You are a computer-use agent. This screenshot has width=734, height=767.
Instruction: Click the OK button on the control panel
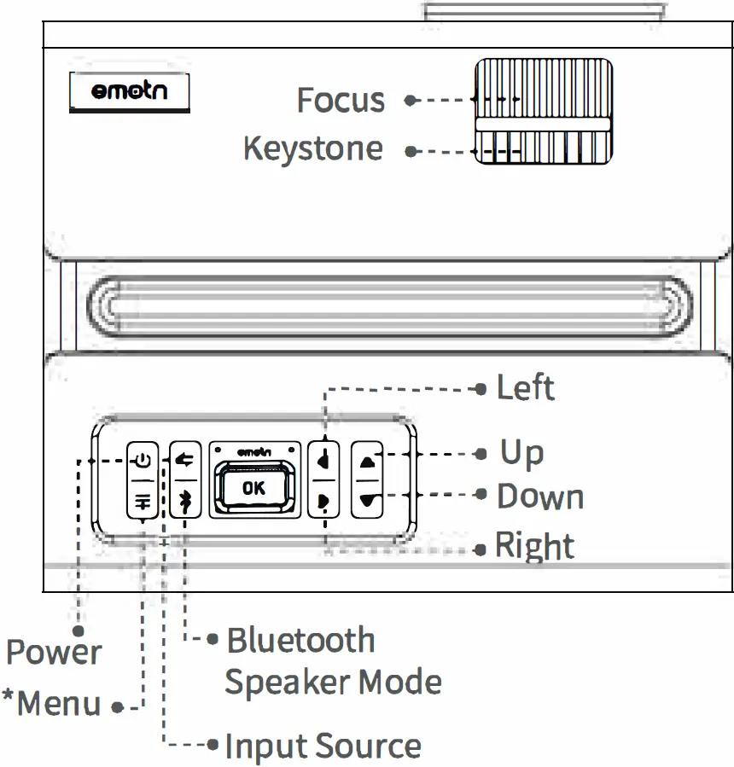click(x=253, y=487)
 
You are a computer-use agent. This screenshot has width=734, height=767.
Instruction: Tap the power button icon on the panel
click(x=142, y=462)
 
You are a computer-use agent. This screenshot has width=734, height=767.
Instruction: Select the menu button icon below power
click(x=142, y=503)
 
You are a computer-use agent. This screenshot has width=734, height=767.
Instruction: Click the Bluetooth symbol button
click(x=183, y=503)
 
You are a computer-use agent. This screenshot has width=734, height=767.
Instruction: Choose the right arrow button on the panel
click(x=323, y=502)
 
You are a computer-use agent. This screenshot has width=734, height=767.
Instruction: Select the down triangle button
click(x=368, y=502)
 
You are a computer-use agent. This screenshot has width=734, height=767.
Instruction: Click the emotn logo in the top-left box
click(x=130, y=92)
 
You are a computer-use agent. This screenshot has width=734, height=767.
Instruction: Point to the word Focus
click(x=341, y=101)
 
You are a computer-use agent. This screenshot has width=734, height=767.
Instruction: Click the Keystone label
click(x=313, y=149)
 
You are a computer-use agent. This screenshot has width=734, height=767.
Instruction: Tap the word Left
click(x=525, y=388)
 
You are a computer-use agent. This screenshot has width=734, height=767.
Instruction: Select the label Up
click(x=521, y=453)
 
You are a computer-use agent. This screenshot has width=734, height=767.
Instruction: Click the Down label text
click(x=540, y=497)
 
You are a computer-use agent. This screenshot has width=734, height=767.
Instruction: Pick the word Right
click(x=535, y=547)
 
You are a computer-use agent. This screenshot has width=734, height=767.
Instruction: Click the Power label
click(x=54, y=654)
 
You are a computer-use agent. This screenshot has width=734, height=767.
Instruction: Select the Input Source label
click(x=323, y=747)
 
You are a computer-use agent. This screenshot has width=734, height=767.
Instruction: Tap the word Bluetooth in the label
click(x=300, y=640)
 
